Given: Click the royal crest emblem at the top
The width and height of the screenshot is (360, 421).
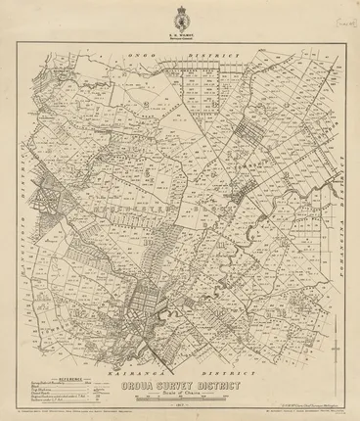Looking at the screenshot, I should (180, 19).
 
